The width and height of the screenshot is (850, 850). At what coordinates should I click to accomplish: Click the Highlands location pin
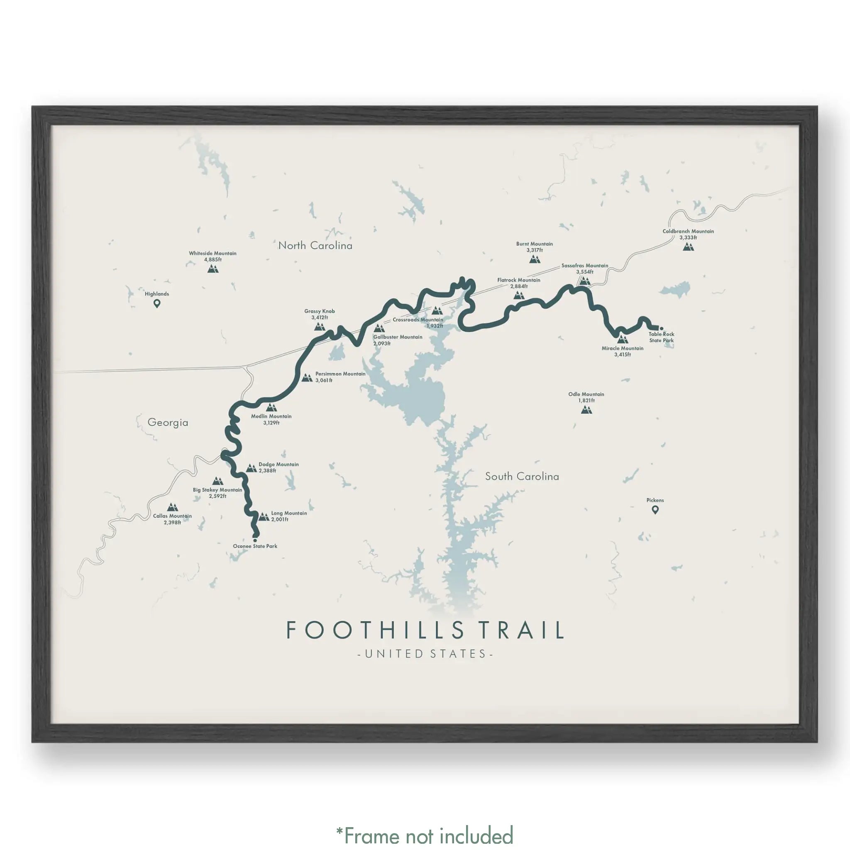pyautogui.click(x=156, y=303)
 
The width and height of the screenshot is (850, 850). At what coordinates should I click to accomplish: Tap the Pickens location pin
pyautogui.click(x=655, y=510)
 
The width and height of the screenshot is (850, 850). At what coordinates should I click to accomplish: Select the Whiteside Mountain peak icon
pyautogui.click(x=213, y=269)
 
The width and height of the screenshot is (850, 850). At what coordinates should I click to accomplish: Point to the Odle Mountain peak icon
pyautogui.click(x=586, y=410)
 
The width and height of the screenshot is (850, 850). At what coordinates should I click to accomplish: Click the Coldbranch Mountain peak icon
pyautogui.click(x=688, y=247)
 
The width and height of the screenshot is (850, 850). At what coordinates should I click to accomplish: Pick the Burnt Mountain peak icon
pyautogui.click(x=535, y=259)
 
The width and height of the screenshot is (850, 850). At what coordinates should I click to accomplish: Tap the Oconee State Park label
pyautogui.click(x=255, y=546)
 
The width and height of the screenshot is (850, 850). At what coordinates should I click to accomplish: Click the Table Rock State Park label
pyautogui.click(x=661, y=337)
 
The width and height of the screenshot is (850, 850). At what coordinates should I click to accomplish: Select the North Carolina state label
pyautogui.click(x=315, y=246)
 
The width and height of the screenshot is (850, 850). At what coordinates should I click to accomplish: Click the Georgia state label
pyautogui.click(x=168, y=423)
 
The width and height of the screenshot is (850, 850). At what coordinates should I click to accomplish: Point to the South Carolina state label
pyautogui.click(x=522, y=476)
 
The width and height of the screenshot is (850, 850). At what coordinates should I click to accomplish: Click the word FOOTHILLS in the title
pyautogui.click(x=375, y=630)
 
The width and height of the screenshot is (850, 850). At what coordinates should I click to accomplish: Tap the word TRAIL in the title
pyautogui.click(x=521, y=630)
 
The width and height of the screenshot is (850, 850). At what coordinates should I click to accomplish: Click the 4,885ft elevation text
pyautogui.click(x=213, y=259)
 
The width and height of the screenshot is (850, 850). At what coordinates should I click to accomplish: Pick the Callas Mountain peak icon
pyautogui.click(x=173, y=507)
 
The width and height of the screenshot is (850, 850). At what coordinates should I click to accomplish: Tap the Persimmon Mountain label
pyautogui.click(x=340, y=374)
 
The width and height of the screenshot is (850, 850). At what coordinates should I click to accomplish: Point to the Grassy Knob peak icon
pyautogui.click(x=320, y=327)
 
